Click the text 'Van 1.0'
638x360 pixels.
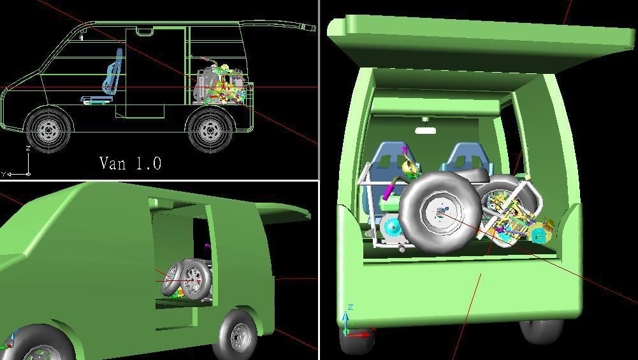[x=131, y=163]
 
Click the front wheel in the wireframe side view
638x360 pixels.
[x=48, y=130]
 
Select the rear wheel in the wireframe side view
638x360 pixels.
[x=210, y=130]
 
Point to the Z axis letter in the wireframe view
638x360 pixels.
[x=28, y=148]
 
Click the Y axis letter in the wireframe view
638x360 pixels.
[x=3, y=175]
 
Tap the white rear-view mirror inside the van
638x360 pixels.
[x=425, y=131]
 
